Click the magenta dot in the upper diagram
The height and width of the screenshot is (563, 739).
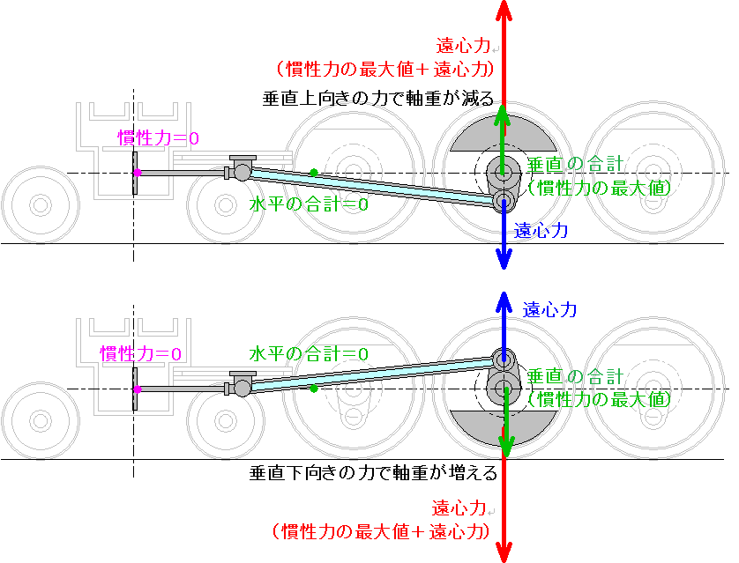138,173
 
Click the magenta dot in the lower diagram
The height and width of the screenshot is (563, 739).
138,389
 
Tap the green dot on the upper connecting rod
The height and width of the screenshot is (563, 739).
314,173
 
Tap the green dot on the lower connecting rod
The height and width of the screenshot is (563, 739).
314,389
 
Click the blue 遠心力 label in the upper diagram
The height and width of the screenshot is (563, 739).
541,231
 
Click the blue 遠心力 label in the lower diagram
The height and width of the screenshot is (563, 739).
549,310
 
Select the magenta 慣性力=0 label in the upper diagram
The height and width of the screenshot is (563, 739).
159,138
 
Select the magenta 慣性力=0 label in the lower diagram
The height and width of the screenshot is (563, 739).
140,353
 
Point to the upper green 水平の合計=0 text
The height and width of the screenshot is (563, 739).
309,204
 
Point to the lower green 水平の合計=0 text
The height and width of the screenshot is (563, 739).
309,354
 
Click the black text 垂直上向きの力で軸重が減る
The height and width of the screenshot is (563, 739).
378,99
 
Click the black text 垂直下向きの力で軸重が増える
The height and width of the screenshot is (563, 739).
373,472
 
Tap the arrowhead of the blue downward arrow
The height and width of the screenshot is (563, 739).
504,260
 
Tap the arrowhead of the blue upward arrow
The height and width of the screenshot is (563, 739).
504,301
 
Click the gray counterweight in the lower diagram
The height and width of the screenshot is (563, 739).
503,427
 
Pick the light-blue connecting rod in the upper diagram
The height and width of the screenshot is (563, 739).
372,187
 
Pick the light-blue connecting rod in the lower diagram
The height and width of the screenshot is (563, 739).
372,375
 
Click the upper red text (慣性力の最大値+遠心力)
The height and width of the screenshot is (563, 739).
384,70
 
